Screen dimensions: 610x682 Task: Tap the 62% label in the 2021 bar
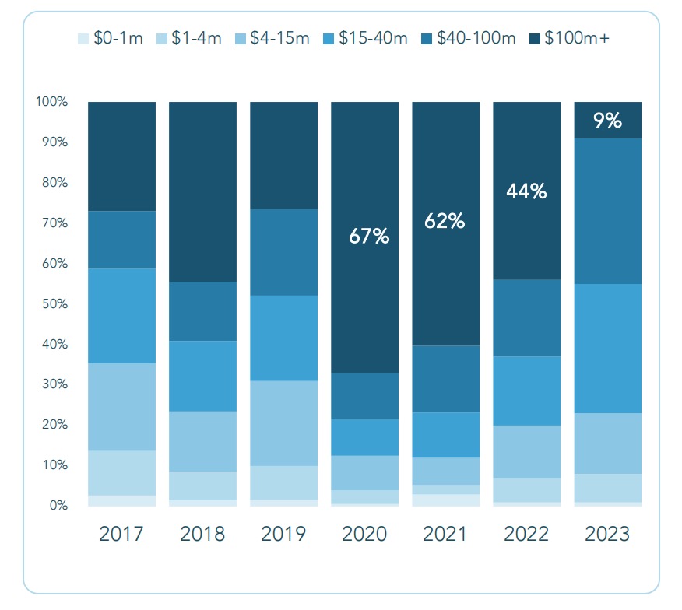click(x=445, y=221)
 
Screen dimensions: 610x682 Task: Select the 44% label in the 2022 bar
click(x=526, y=191)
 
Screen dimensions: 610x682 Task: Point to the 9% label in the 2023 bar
click(x=607, y=121)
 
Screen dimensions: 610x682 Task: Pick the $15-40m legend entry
click(x=365, y=38)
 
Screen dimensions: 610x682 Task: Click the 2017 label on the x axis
click(x=121, y=535)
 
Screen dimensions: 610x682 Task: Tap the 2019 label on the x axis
click(x=283, y=535)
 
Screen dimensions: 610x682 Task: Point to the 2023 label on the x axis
click(x=607, y=535)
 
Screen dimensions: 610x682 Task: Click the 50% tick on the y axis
click(x=54, y=303)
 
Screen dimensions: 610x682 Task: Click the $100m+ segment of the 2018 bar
click(x=202, y=191)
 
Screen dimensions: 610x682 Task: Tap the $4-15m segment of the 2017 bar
click(x=121, y=407)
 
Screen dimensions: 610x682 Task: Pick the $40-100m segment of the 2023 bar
click(x=607, y=211)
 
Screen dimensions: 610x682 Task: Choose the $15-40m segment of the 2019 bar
click(x=283, y=338)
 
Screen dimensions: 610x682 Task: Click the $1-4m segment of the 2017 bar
click(x=121, y=473)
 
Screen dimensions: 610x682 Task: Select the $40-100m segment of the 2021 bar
click(x=445, y=379)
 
